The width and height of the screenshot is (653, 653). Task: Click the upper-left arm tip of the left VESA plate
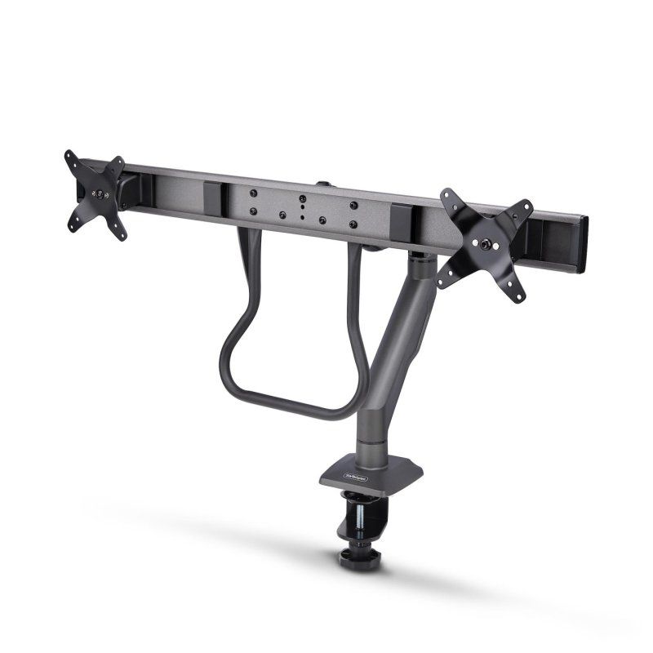(x=69, y=156)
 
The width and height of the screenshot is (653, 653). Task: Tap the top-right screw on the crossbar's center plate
(x=353, y=206)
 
